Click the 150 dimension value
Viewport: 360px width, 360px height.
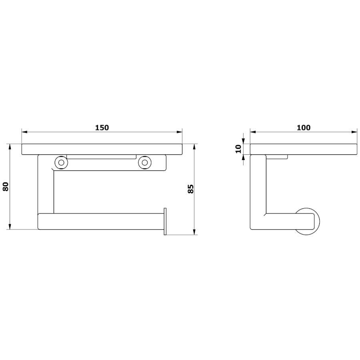coord(102,128)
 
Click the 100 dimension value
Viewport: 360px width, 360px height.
coord(304,128)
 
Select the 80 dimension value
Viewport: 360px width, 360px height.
coord(6,186)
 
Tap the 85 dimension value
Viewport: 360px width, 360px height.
coord(190,189)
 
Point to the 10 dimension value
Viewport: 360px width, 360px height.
coord(238,149)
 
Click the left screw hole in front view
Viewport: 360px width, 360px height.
coord(61,162)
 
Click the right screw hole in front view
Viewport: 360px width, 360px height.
coord(145,162)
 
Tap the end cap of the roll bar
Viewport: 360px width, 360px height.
coord(165,221)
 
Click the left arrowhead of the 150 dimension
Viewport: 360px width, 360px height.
coord(24,132)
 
